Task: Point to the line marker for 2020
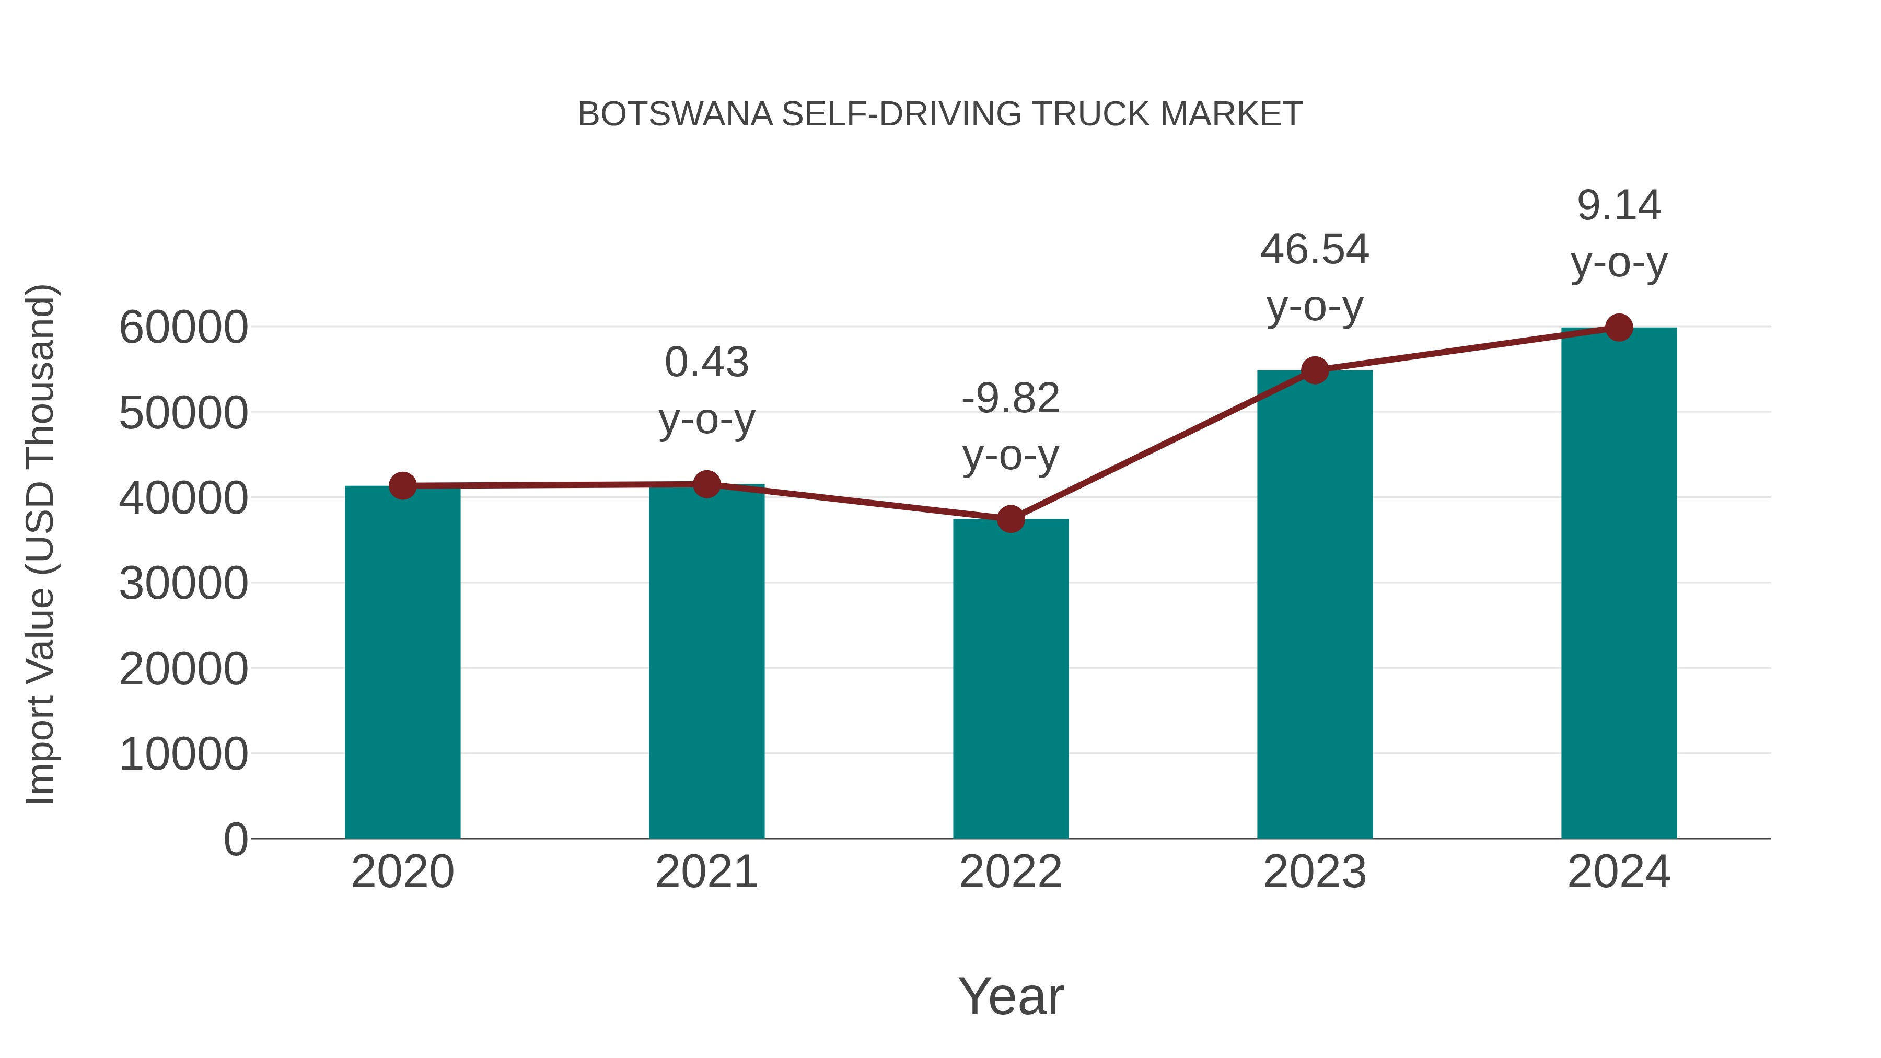coord(403,485)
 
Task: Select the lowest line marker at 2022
coord(1011,519)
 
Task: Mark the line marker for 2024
coord(1619,328)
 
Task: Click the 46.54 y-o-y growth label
coord(1315,277)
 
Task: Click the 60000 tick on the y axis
coord(183,327)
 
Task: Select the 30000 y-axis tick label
coord(183,584)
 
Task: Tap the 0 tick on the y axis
coord(236,839)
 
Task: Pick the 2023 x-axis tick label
coord(1315,872)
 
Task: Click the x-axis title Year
coord(1011,996)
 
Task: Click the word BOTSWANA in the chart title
coord(675,114)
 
